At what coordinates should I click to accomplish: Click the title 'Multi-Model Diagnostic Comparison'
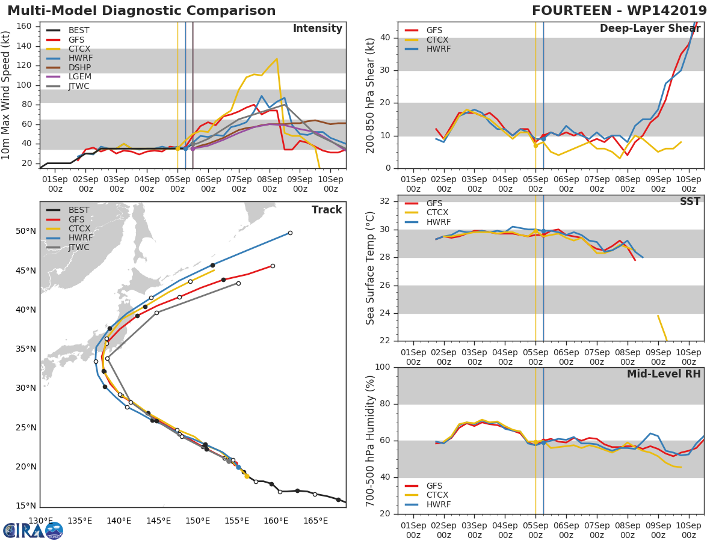(x=141, y=11)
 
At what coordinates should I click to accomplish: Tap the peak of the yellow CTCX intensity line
(x=277, y=59)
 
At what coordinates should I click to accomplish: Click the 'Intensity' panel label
(x=317, y=29)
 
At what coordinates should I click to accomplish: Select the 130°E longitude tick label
(x=40, y=521)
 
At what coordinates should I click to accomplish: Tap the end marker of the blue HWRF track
(x=290, y=233)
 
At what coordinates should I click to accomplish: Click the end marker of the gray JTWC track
(x=238, y=283)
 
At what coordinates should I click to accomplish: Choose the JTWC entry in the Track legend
(x=78, y=248)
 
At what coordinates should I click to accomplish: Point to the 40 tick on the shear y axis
(x=385, y=38)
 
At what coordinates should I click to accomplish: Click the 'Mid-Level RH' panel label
(x=664, y=374)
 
